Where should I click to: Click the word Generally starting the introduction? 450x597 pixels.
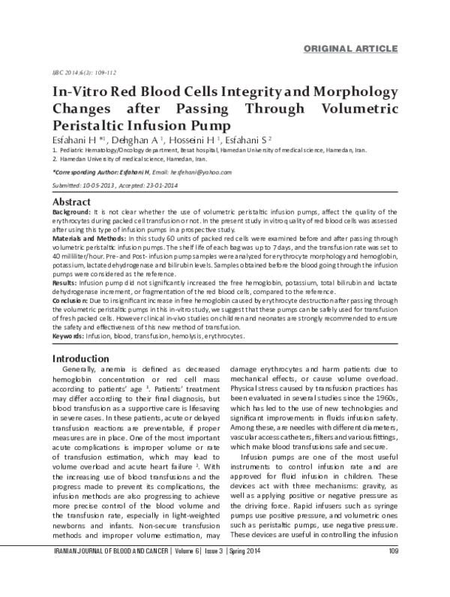coord(90,370)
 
